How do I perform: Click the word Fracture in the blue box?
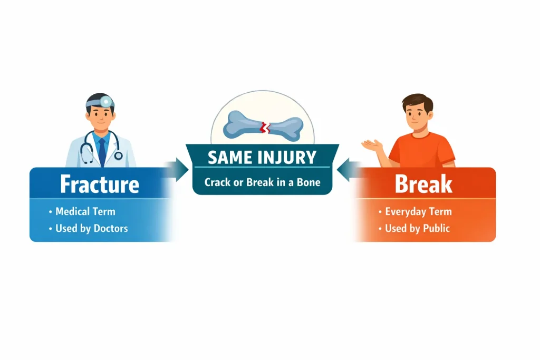100,184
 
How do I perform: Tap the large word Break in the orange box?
423,184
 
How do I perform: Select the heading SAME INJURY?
262,158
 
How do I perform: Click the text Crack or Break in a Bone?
263,182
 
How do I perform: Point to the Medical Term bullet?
82,211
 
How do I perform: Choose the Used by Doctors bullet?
89,229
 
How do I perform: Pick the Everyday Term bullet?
415,211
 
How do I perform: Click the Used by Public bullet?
414,228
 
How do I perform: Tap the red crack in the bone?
265,128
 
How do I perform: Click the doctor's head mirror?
105,102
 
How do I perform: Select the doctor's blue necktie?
102,151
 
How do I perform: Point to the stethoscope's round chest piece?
118,155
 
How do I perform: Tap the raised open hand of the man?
372,144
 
